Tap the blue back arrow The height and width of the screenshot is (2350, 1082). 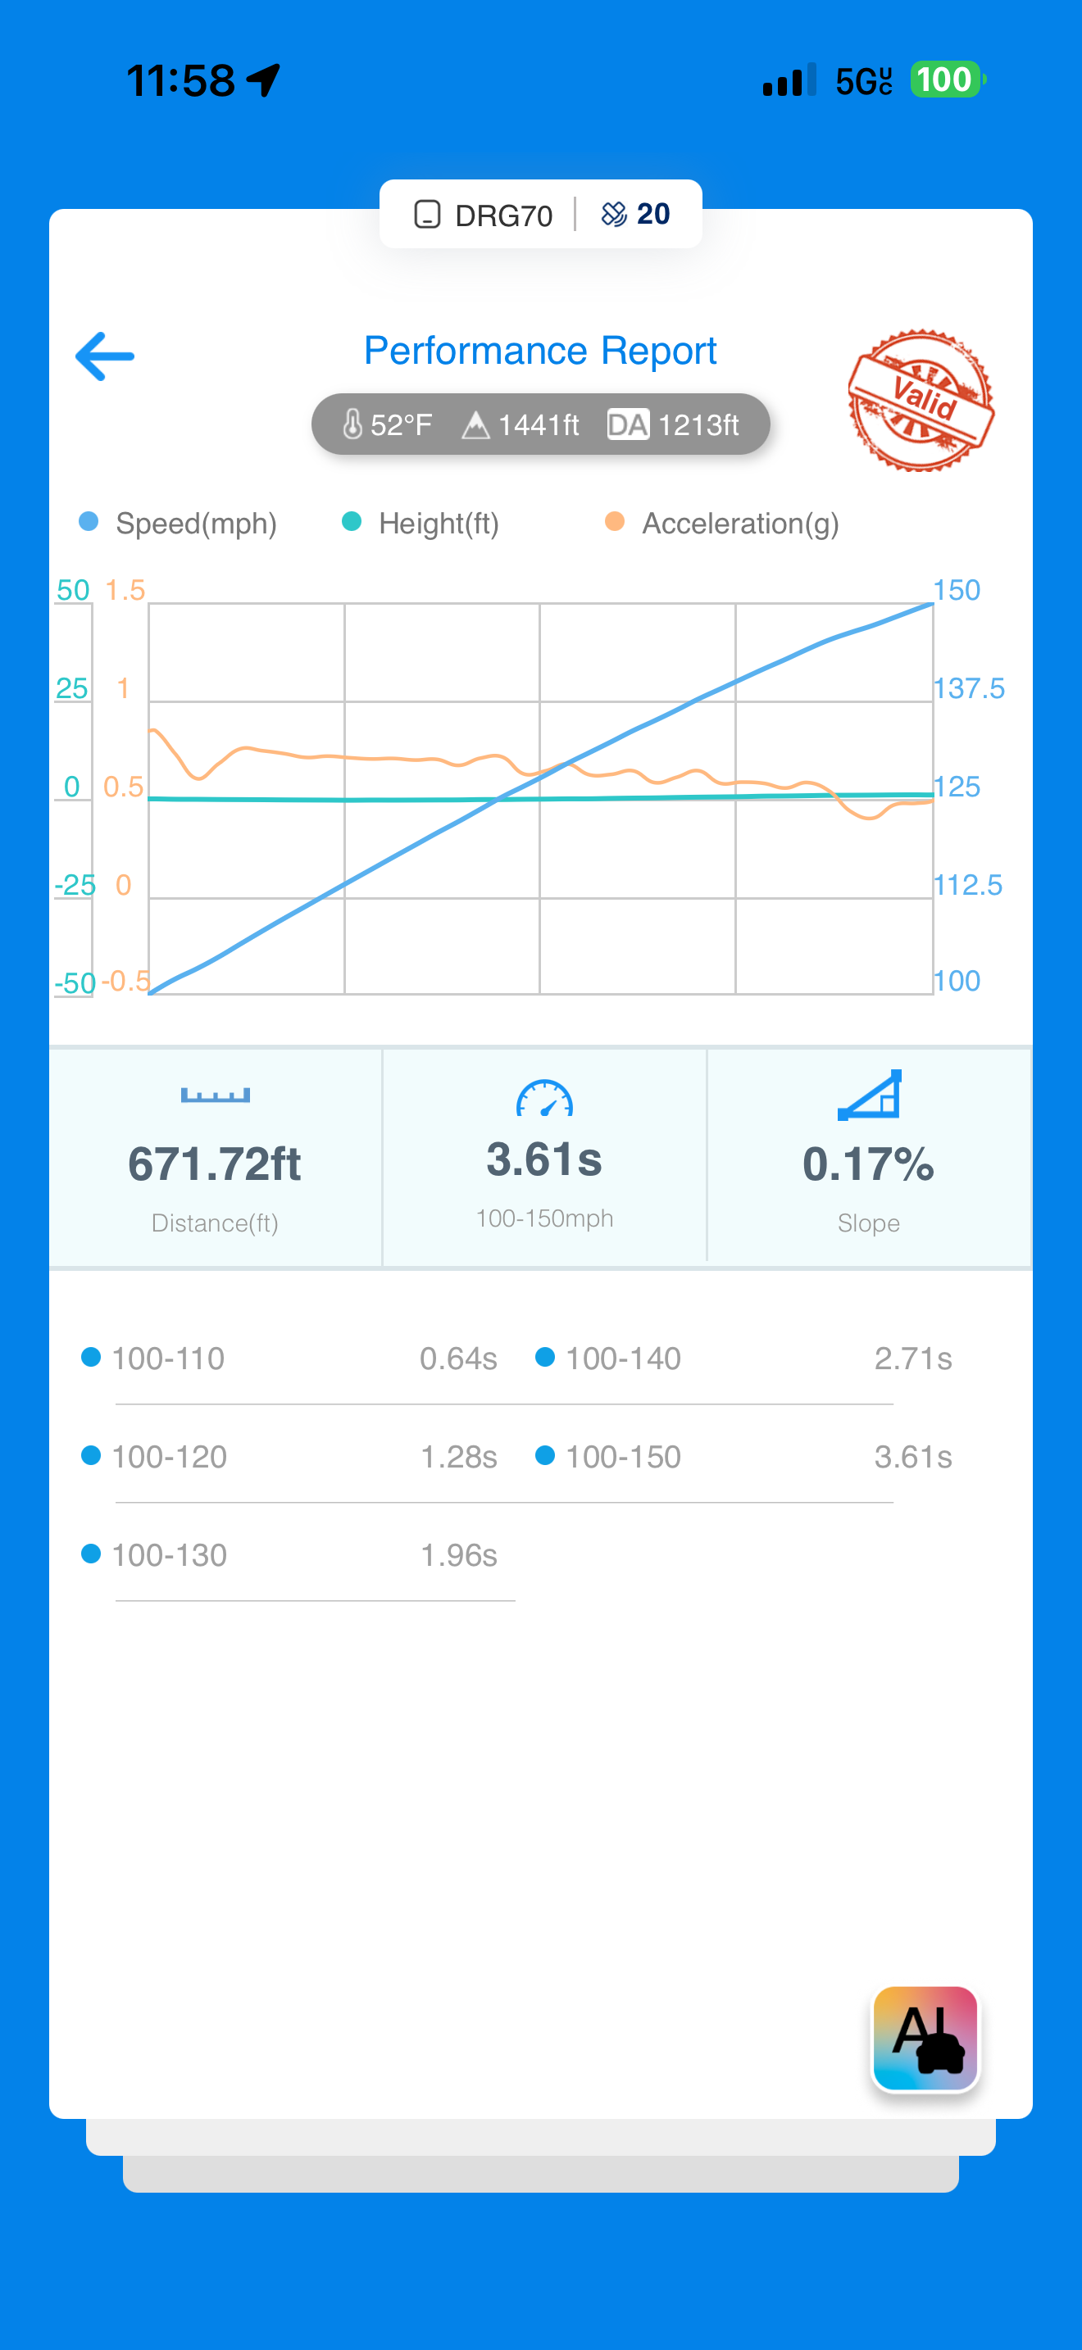click(x=105, y=356)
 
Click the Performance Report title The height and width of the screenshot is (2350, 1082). click(x=540, y=352)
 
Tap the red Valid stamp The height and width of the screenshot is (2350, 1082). click(x=921, y=401)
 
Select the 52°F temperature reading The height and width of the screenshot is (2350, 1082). click(x=388, y=425)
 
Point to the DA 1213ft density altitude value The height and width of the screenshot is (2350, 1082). click(x=673, y=425)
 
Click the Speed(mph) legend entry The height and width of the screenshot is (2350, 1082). click(x=179, y=524)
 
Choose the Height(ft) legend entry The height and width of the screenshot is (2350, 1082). click(x=421, y=524)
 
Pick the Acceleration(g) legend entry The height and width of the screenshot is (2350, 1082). click(x=722, y=524)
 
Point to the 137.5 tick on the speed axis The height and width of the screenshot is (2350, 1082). click(x=968, y=689)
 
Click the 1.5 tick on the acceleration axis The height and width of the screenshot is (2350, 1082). click(x=125, y=590)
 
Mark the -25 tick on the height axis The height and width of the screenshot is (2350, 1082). click(x=75, y=885)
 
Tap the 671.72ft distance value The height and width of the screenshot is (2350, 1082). click(x=215, y=1164)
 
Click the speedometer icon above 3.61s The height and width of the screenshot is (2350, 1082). click(x=544, y=1100)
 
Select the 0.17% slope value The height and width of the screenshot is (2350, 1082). click(x=867, y=1164)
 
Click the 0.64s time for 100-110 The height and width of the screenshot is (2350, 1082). click(x=458, y=1359)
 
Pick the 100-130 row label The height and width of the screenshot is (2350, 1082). click(x=169, y=1554)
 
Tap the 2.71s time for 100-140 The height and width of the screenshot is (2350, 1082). click(x=912, y=1359)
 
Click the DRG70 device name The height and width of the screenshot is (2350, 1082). click(x=502, y=215)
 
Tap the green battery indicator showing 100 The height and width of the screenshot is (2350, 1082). click(x=945, y=80)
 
